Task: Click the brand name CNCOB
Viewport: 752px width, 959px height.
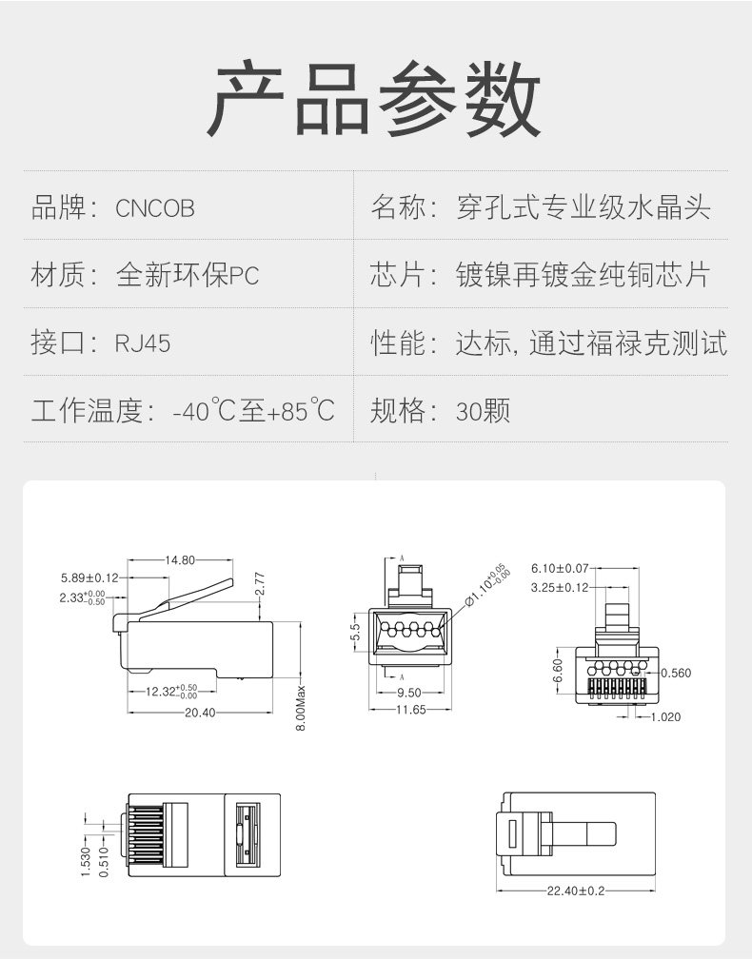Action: point(155,208)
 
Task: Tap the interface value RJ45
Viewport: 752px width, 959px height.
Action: point(143,343)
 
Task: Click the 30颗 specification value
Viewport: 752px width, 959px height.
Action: point(483,412)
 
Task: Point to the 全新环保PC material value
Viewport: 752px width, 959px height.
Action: point(188,276)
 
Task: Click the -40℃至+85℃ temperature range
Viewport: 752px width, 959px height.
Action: point(254,412)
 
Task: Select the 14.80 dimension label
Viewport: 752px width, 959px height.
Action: point(180,560)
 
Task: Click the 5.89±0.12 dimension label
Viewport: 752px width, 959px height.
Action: point(89,577)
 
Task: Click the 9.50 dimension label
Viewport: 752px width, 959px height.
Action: point(408,693)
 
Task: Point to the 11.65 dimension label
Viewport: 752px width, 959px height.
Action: point(411,710)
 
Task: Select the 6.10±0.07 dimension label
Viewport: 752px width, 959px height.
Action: point(560,568)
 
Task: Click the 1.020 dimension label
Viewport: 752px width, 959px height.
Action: point(665,716)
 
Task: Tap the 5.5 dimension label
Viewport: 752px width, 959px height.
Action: point(355,630)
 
